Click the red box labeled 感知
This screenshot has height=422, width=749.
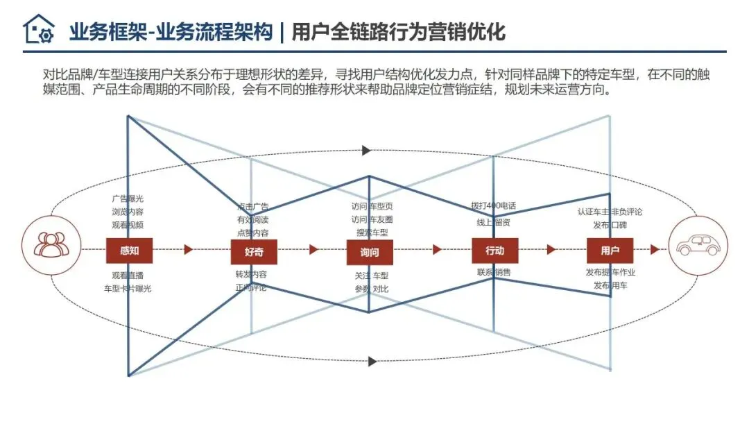tap(129, 251)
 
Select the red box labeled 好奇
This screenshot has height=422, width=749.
tap(254, 251)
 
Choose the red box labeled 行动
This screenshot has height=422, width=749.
tap(494, 251)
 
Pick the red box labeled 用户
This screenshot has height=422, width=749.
tap(610, 251)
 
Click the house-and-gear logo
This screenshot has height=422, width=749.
tap(38, 30)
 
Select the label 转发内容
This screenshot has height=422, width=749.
tap(252, 274)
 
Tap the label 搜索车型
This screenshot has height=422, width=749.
tap(372, 232)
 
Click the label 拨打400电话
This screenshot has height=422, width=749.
tap(493, 206)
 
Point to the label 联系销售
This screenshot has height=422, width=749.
tap(494, 272)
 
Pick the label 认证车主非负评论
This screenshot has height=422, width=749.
tap(610, 212)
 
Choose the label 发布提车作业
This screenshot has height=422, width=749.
tap(610, 272)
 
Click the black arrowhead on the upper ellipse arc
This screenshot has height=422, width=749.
tap(367, 151)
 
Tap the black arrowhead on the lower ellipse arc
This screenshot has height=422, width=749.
tap(372, 361)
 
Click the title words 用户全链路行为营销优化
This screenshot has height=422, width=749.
tap(398, 32)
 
